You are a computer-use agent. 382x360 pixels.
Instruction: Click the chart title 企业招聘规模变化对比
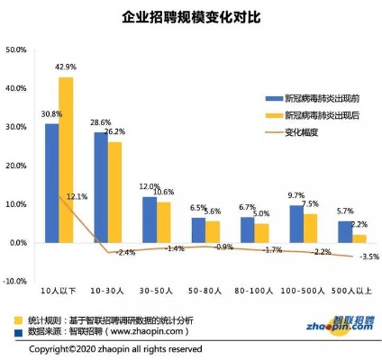click(190, 17)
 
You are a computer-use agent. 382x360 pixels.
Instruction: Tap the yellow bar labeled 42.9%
click(66, 160)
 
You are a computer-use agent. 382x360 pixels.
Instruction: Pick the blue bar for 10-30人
click(101, 187)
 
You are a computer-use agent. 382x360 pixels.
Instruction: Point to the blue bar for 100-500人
click(296, 224)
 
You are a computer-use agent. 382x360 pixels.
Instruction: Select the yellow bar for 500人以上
click(358, 238)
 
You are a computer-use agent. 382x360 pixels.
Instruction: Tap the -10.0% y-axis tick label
click(17, 282)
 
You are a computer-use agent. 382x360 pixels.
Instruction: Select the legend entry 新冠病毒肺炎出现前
click(315, 98)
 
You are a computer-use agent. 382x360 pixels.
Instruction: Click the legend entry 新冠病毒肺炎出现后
click(315, 115)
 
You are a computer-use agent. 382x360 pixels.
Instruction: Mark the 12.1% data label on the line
click(77, 197)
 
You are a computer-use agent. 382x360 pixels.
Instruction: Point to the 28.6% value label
click(100, 122)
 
